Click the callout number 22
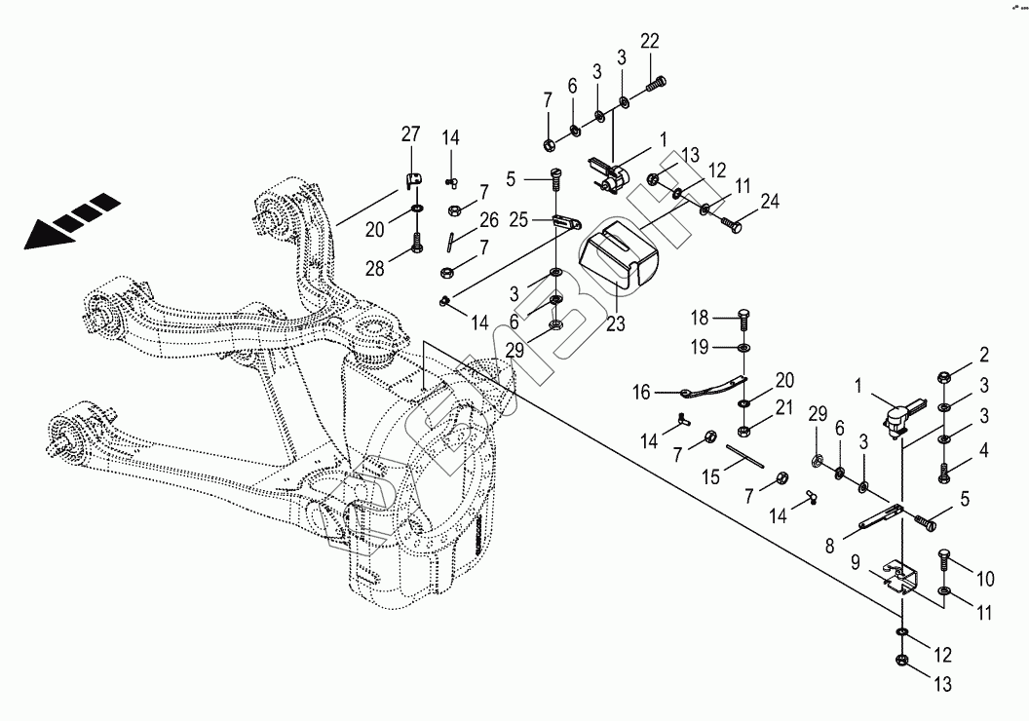(650, 41)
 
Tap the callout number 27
(410, 133)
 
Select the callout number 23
(616, 324)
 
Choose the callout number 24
(770, 204)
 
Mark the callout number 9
(855, 562)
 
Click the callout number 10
(984, 580)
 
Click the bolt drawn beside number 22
(656, 84)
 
